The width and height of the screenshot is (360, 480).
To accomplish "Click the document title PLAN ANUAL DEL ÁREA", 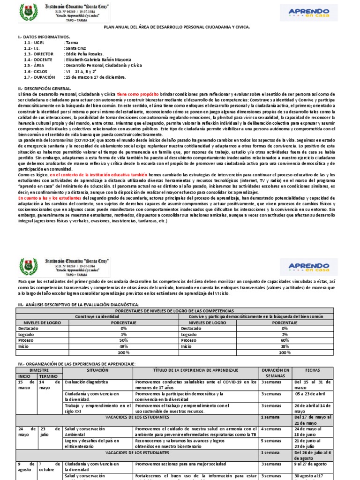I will (x=177, y=27).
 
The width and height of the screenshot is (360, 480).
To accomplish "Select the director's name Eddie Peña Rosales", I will (x=84, y=54).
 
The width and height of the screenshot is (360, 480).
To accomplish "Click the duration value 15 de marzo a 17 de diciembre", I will (x=96, y=76).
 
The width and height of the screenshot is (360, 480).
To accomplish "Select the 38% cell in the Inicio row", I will (x=285, y=347).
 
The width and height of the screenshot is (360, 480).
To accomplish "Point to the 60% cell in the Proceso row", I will (x=285, y=341).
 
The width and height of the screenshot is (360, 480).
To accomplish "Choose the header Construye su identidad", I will (x=97, y=316).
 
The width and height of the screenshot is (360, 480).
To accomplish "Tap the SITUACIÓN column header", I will (x=97, y=370).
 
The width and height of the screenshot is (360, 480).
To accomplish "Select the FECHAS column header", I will (x=313, y=370).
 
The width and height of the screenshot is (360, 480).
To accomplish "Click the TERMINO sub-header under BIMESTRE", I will (x=49, y=376).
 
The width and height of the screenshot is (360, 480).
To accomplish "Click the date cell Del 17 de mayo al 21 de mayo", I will (x=313, y=420).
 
